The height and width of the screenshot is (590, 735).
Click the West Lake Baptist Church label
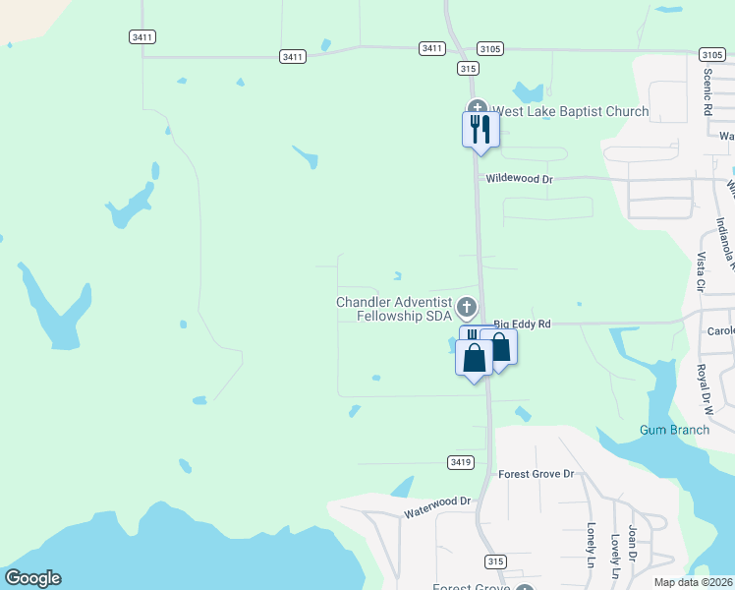coord(570,111)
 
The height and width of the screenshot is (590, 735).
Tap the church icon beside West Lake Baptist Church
coord(478,109)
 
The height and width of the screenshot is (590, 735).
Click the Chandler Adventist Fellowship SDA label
coord(393,309)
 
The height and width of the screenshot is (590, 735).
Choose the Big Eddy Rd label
coord(523,323)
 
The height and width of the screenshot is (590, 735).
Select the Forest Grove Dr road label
coord(536,474)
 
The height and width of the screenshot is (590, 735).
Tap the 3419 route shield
coord(460,461)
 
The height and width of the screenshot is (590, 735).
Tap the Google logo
coord(32,578)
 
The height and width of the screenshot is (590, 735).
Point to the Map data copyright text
coord(692,582)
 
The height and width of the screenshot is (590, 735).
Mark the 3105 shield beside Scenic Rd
coord(712,55)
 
